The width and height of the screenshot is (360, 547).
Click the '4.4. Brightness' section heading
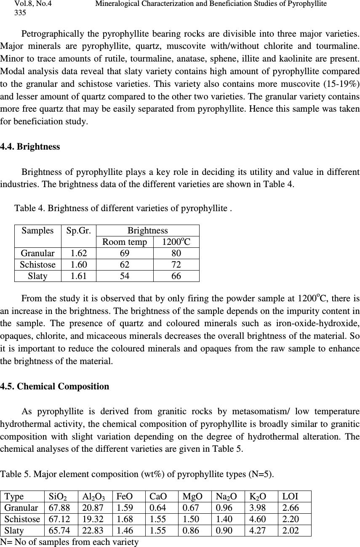[30, 147]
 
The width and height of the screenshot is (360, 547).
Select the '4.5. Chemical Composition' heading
[55, 386]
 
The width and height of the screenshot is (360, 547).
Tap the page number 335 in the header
[20, 13]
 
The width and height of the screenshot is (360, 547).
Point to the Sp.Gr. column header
[78, 231]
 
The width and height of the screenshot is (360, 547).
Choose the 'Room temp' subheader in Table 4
[125, 242]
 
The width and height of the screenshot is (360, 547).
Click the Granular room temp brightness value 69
[125, 253]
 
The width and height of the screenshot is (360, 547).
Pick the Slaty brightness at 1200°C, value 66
[176, 276]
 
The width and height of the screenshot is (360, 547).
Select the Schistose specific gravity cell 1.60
[78, 265]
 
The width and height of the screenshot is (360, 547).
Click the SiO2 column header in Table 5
[57, 496]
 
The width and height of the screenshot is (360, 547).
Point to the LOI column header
[290, 496]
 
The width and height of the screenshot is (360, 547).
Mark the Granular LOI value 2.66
[291, 507]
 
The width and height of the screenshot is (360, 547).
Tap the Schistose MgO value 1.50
[191, 519]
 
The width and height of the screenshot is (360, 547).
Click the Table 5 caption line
[137, 475]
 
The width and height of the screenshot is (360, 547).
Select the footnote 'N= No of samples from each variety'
[69, 542]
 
